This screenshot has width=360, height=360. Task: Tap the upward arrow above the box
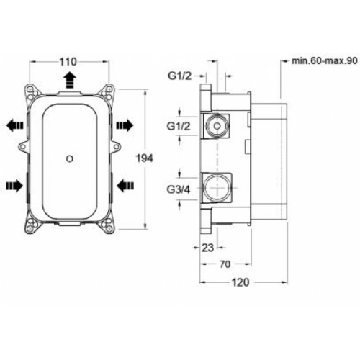click(x=69, y=78)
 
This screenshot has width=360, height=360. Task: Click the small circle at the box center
click(x=68, y=156)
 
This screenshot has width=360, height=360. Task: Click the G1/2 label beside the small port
click(x=181, y=127)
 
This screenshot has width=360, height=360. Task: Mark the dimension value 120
click(x=241, y=282)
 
